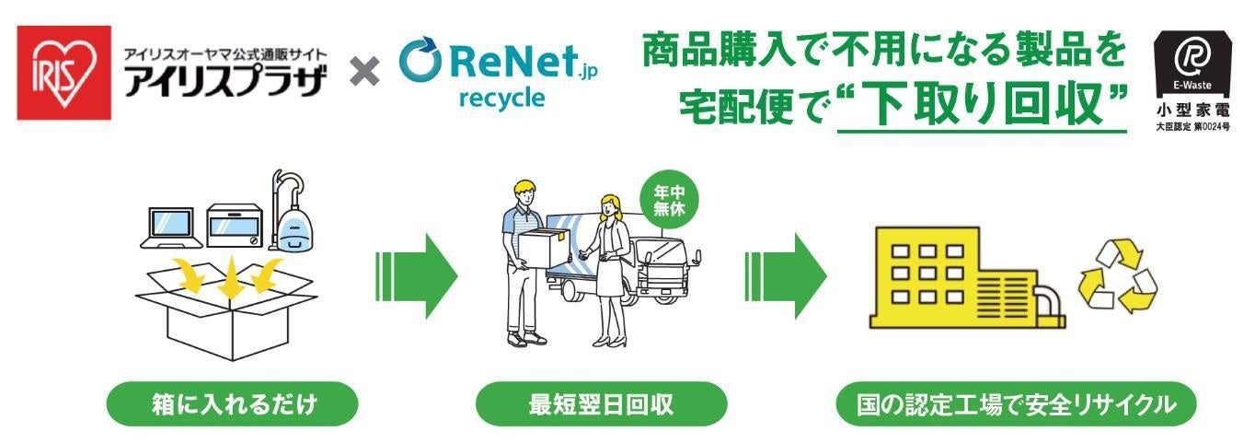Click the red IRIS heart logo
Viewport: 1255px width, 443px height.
[61, 72]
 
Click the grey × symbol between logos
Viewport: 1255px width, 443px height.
[364, 73]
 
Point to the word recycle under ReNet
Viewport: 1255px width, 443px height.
[501, 99]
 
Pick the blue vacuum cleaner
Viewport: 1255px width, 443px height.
[293, 217]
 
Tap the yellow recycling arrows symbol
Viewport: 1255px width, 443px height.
[1117, 276]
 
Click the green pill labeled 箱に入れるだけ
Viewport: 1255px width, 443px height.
[233, 403]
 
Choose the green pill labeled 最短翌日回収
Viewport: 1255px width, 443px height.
[601, 403]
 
